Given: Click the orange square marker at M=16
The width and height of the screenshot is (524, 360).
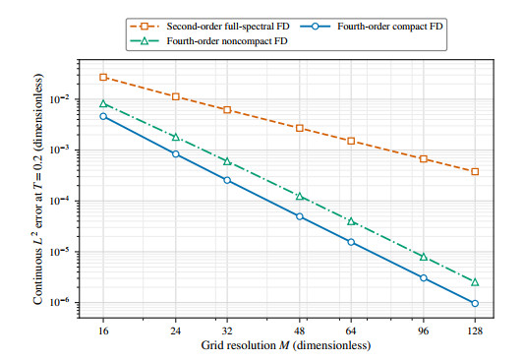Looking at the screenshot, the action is click(103, 78).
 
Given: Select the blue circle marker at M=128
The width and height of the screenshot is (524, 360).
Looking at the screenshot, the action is click(475, 303).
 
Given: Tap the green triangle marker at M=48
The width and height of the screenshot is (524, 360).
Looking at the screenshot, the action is click(300, 196).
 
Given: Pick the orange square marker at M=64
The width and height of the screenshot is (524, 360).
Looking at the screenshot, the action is click(351, 141).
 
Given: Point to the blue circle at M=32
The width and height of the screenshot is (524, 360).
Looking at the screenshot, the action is click(227, 180).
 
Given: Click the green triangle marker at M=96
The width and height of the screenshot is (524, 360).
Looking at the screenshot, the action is click(424, 257).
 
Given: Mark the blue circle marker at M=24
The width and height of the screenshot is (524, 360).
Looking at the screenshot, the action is click(175, 153).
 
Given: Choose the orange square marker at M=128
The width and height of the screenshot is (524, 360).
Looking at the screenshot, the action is click(475, 171).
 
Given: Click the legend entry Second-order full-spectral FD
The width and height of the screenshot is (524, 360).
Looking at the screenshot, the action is click(228, 27).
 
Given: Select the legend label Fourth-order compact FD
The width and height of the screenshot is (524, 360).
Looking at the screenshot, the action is click(390, 27).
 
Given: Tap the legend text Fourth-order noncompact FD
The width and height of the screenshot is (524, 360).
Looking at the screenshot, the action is click(227, 41).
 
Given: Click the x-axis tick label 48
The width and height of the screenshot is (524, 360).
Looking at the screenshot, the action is click(300, 330).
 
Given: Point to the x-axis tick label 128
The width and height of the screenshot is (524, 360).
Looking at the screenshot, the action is click(475, 330).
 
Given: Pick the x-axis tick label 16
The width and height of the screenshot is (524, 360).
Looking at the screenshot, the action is click(103, 330).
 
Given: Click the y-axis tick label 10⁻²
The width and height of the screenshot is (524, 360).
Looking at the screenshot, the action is click(60, 99).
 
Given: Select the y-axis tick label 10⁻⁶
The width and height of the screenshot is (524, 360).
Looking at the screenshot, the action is click(60, 302).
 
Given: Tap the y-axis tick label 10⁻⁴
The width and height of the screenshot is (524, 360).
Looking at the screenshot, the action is click(60, 201).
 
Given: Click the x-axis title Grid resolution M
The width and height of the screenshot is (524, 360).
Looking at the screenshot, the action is click(286, 345).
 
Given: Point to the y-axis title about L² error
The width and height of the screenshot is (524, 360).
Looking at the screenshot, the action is click(38, 189).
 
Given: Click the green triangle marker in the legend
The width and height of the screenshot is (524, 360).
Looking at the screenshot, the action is click(145, 40).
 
